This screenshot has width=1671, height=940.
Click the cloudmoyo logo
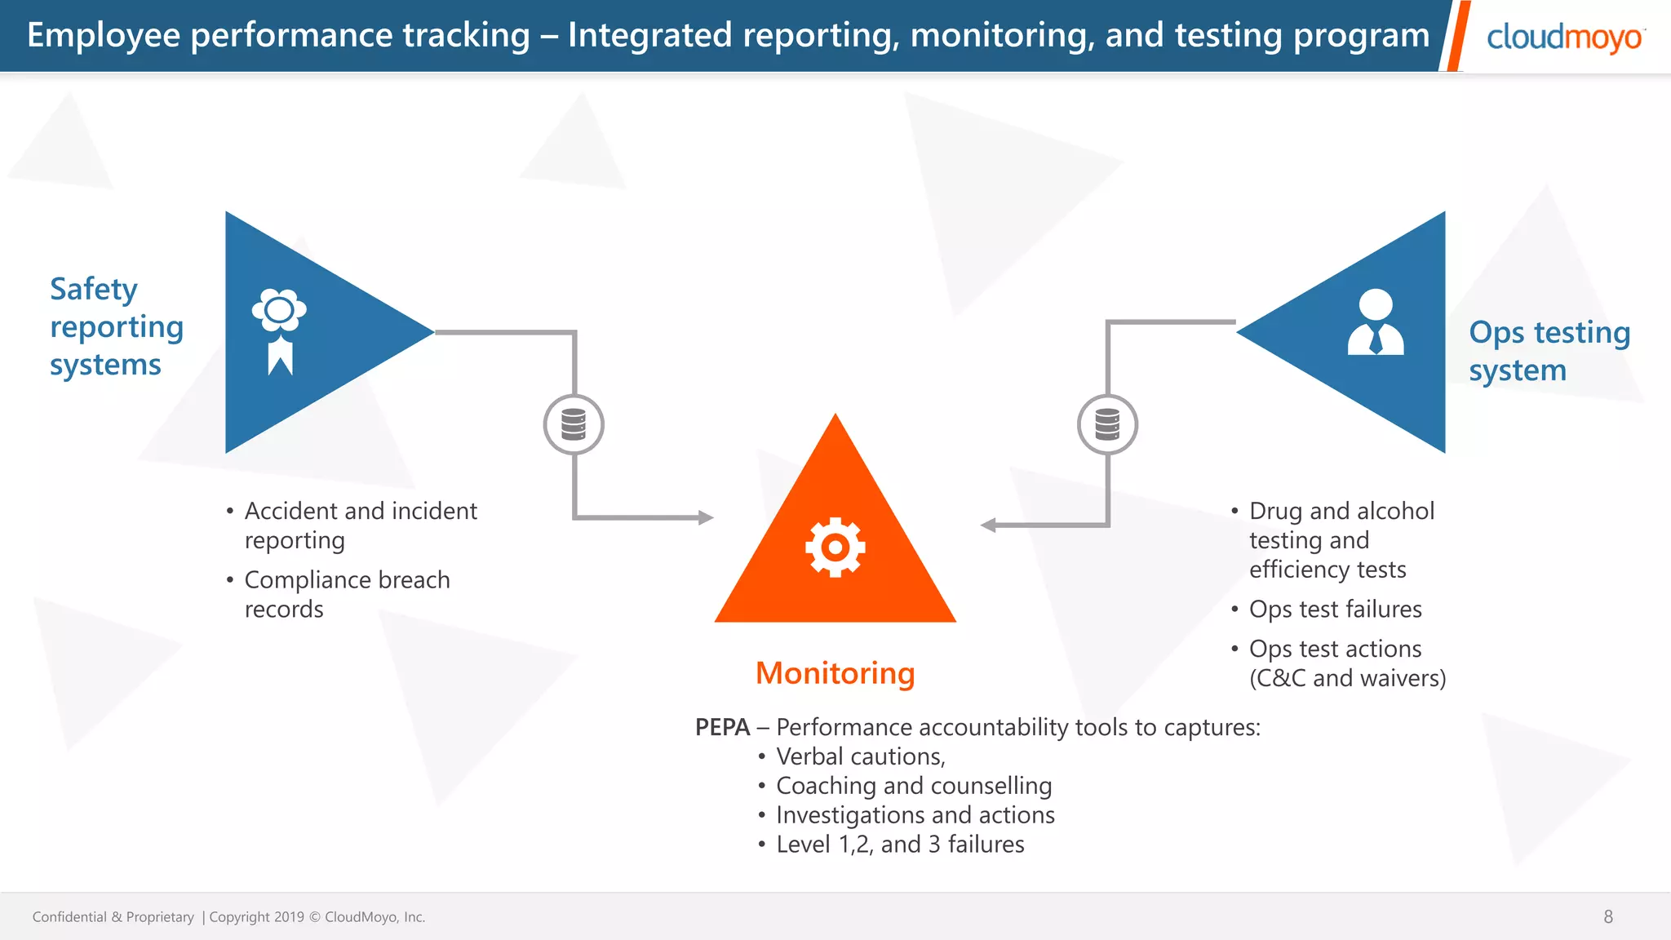tap(1564, 38)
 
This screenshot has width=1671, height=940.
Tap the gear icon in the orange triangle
tap(835, 548)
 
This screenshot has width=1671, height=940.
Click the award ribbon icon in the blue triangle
tap(280, 330)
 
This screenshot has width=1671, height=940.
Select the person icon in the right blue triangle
tap(1376, 322)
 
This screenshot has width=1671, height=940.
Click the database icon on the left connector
tap(574, 425)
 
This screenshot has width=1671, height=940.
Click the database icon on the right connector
tap(1107, 425)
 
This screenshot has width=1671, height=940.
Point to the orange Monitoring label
tap(835, 673)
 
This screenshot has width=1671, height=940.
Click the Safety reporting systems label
tap(116, 326)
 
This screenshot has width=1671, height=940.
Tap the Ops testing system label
tap(1549, 351)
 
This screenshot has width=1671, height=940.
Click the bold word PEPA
tap(722, 727)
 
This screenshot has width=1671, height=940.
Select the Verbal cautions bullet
tap(860, 756)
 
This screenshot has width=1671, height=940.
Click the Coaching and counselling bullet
tap(913, 786)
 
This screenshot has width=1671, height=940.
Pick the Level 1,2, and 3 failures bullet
tap(899, 845)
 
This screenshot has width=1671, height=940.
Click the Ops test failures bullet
tap(1335, 610)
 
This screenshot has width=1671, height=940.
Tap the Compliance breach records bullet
tap(347, 594)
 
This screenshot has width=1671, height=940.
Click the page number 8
tap(1608, 916)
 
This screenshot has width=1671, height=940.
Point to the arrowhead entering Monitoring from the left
tap(706, 517)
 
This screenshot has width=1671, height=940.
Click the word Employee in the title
tap(104, 36)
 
